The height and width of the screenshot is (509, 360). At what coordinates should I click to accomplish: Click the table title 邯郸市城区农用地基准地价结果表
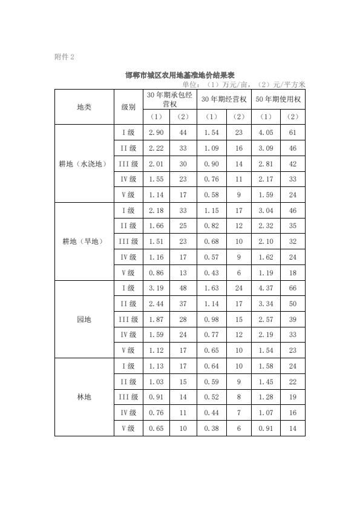[x=180, y=75]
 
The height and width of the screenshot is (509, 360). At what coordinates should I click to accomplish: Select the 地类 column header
[x=84, y=107]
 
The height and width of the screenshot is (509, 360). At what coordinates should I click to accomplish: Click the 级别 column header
[x=128, y=107]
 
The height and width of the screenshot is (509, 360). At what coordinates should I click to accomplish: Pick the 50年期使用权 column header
[x=278, y=99]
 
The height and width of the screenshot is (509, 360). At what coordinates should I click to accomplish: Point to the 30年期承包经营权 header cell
[x=170, y=99]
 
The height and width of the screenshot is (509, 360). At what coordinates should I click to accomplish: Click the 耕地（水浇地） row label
[x=84, y=163]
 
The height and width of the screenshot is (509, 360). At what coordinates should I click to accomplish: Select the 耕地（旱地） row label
[x=84, y=241]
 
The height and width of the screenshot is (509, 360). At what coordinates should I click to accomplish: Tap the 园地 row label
[x=84, y=319]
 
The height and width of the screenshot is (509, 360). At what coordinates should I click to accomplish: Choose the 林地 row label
[x=84, y=397]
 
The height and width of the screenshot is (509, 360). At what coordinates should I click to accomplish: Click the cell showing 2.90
[x=156, y=133]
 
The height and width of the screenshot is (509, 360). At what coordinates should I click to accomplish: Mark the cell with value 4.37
[x=266, y=288]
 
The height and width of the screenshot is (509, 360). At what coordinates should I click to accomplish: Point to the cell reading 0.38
[x=211, y=428]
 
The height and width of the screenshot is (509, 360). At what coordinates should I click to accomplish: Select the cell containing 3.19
[x=156, y=288]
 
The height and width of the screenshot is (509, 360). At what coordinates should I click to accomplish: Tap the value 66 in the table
[x=293, y=288]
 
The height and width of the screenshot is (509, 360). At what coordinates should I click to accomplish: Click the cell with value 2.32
[x=266, y=226]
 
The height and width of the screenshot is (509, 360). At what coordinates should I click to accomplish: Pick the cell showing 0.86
[x=156, y=272]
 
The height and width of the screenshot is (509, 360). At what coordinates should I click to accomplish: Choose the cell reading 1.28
[x=266, y=397]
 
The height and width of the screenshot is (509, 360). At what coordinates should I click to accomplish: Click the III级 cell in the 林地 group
[x=128, y=397]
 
